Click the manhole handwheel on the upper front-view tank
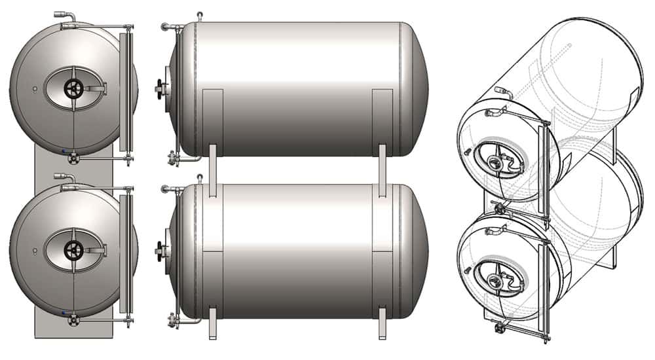(x=73, y=88)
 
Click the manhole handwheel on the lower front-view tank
(x=73, y=249)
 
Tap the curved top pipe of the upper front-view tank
(x=64, y=16)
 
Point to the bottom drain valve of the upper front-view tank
(x=73, y=158)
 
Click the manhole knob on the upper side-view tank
(x=160, y=86)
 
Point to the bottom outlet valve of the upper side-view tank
(x=174, y=157)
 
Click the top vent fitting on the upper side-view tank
(x=199, y=15)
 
